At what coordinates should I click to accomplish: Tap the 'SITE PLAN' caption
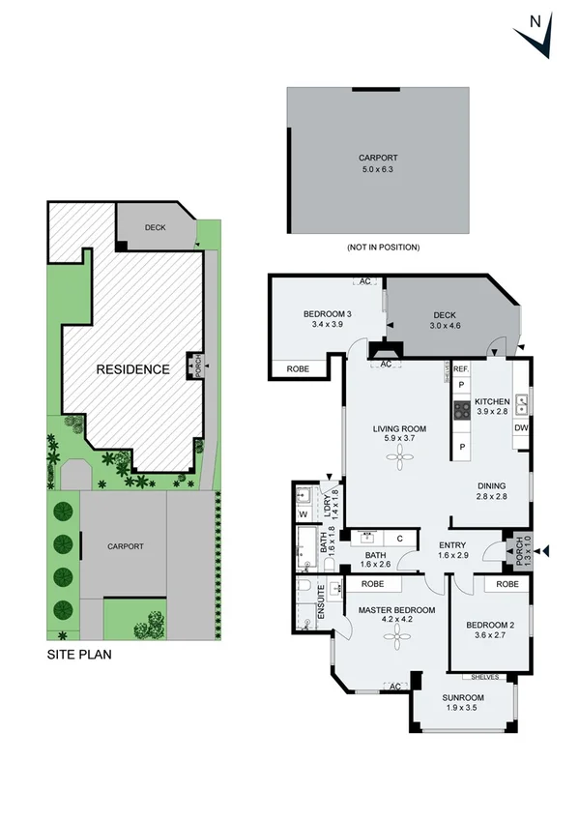click(79, 655)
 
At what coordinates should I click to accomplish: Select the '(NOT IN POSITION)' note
click(383, 248)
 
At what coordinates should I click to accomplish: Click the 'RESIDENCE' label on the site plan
click(132, 369)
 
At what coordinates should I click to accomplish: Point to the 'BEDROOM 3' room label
click(327, 314)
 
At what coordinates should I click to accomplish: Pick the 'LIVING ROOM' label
click(400, 428)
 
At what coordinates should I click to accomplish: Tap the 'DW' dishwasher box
click(521, 427)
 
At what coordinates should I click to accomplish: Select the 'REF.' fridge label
click(460, 368)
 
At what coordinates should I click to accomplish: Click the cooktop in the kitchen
click(461, 411)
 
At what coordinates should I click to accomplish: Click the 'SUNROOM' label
click(463, 697)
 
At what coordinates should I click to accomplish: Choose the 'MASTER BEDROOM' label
click(396, 610)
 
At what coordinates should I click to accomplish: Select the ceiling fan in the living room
click(400, 460)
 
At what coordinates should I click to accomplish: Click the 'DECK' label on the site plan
click(155, 228)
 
